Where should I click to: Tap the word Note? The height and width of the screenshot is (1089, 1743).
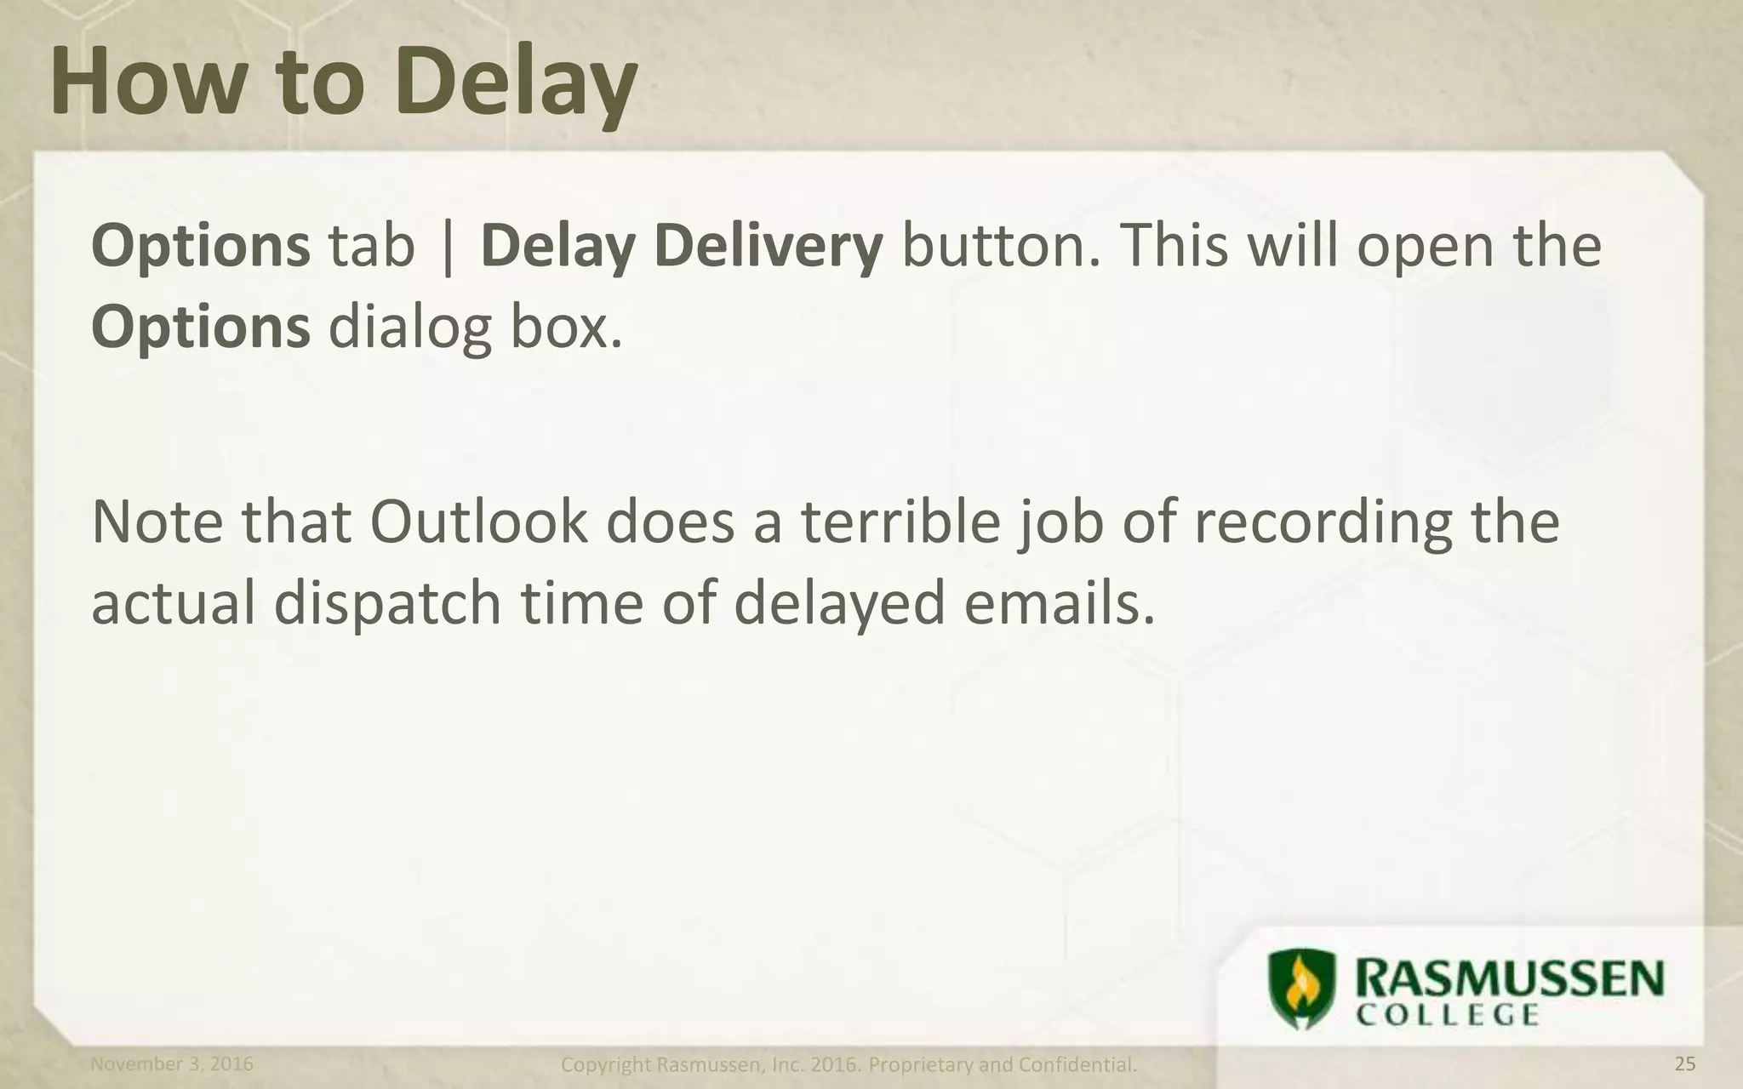pos(157,522)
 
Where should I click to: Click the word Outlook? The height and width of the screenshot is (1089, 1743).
pos(478,522)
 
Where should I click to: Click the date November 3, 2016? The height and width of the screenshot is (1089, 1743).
pos(172,1064)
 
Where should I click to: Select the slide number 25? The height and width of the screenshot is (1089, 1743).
pos(1684,1064)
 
